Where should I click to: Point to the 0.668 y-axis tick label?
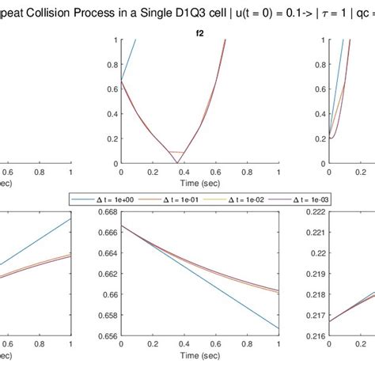(x=106, y=211)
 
